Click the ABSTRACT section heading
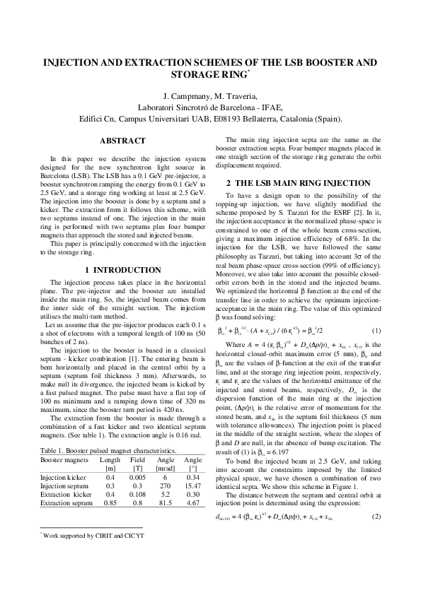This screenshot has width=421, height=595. tap(122, 141)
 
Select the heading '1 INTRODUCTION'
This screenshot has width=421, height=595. tap(122, 270)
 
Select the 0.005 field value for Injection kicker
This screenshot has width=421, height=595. tap(137, 478)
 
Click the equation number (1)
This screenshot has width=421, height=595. tap(376, 331)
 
